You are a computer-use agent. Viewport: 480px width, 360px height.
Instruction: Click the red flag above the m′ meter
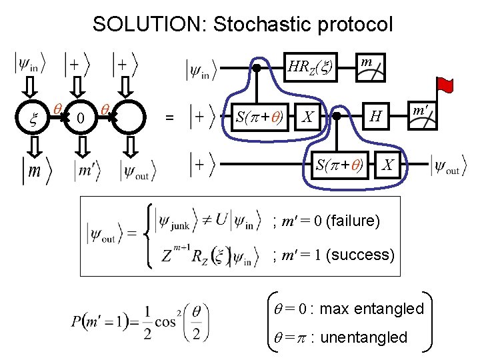[x=445, y=85]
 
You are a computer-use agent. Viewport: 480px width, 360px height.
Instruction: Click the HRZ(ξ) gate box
[x=310, y=67]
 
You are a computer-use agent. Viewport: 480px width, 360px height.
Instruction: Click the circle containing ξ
[x=33, y=118]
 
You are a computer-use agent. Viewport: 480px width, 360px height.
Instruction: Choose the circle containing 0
[x=79, y=118]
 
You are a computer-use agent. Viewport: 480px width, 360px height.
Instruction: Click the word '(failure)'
[x=353, y=220]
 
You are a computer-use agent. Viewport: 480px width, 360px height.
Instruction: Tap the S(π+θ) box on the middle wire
[x=259, y=117]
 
